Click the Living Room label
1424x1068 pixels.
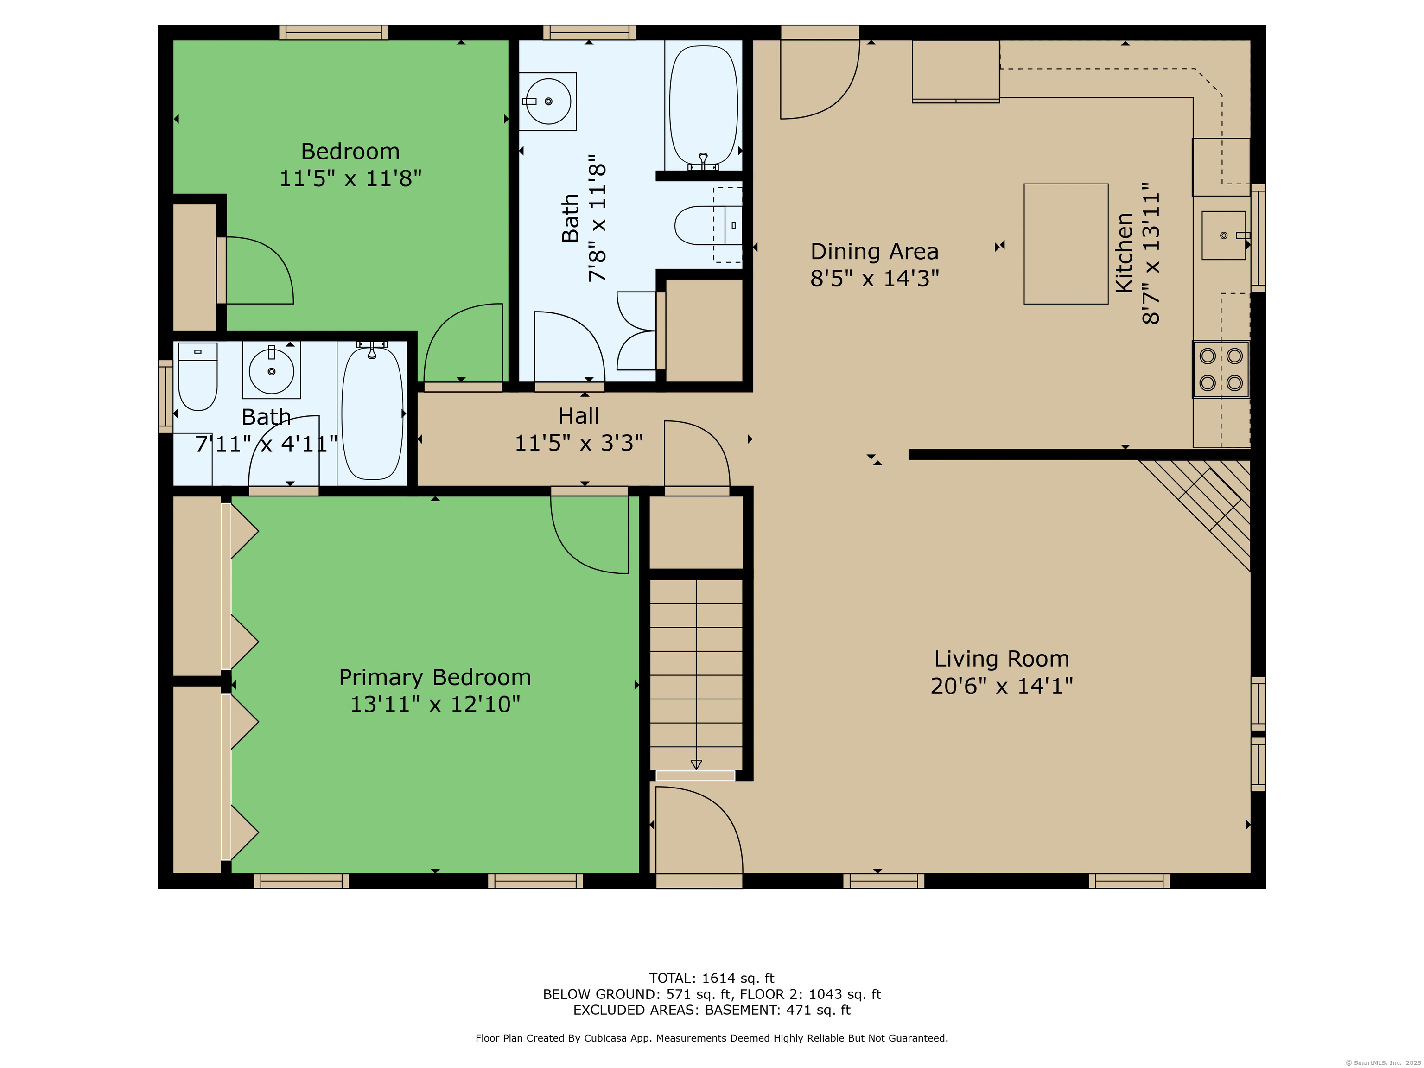click(x=1002, y=659)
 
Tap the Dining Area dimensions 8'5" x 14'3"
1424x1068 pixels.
click(x=874, y=278)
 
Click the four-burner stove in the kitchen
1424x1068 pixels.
click(x=1221, y=369)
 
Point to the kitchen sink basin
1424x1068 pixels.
click(x=1223, y=235)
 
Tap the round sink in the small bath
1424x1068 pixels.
click(x=271, y=370)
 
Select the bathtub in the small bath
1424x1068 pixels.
click(x=372, y=413)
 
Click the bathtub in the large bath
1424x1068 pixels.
click(x=704, y=106)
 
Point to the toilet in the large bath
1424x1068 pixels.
click(x=708, y=225)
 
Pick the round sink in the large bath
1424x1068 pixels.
click(x=548, y=101)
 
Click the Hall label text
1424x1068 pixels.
click(x=579, y=416)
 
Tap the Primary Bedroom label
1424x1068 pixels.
click(x=435, y=677)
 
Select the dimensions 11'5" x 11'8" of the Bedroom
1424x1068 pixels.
click(x=350, y=178)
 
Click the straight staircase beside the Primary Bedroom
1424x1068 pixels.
click(x=696, y=674)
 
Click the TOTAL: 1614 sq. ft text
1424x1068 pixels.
click(x=712, y=979)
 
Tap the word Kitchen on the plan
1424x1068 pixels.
click(x=1124, y=253)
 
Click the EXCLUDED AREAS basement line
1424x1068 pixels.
click(x=712, y=1010)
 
